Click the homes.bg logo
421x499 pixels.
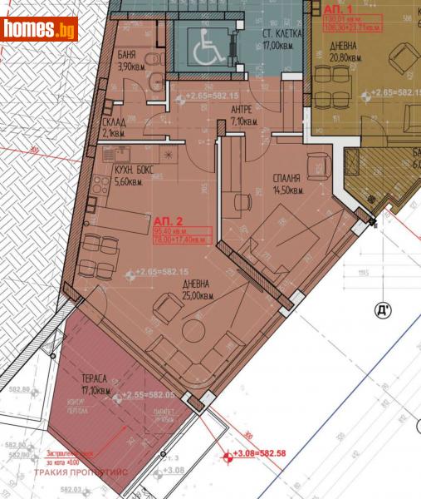click(40, 29)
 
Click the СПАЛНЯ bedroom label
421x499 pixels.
click(286, 178)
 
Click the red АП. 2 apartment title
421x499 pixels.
click(169, 220)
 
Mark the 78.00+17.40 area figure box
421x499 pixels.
click(182, 239)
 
